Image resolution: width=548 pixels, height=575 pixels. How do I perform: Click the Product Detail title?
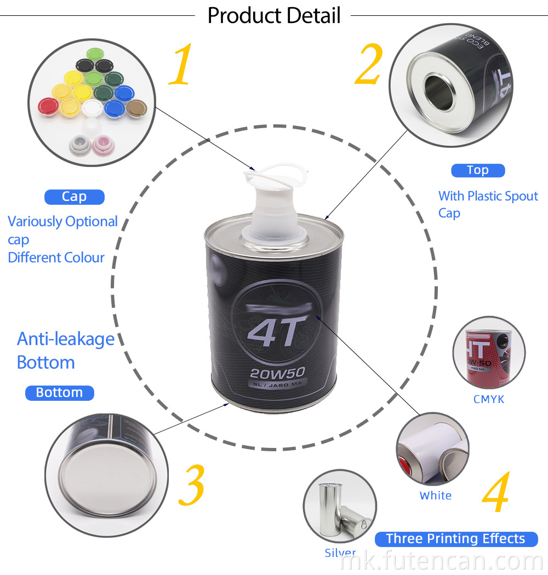tap(274, 15)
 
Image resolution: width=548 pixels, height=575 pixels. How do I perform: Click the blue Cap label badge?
tap(74, 197)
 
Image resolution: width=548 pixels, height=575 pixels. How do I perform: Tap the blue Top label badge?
tap(477, 170)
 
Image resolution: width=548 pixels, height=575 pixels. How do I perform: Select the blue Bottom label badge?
tap(59, 393)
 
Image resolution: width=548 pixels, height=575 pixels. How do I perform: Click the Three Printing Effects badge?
tap(455, 538)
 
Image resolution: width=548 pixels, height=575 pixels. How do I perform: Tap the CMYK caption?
tap(489, 399)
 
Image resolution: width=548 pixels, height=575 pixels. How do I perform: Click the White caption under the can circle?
tap(436, 496)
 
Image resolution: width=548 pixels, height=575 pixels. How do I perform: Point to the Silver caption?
tap(340, 553)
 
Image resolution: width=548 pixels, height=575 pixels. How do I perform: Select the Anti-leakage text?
tap(66, 338)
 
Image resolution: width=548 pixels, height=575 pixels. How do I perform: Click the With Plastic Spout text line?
tap(488, 196)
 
